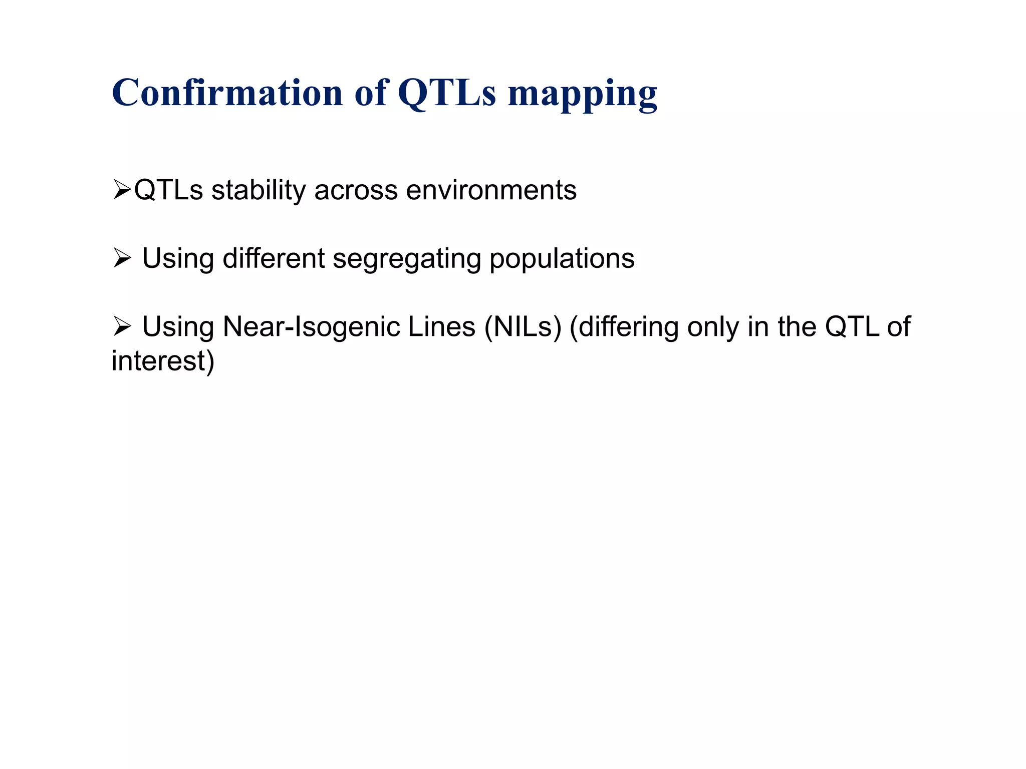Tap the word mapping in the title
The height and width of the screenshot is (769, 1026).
click(582, 95)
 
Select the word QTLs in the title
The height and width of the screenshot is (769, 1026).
click(446, 94)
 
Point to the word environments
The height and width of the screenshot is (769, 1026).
click(491, 191)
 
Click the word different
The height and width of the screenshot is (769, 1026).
click(274, 259)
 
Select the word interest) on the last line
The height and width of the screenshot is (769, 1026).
click(163, 361)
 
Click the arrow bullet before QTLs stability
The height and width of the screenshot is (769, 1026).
click(122, 190)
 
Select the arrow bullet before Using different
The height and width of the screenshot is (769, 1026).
click(122, 259)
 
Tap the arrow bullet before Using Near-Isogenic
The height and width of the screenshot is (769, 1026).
click(122, 327)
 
